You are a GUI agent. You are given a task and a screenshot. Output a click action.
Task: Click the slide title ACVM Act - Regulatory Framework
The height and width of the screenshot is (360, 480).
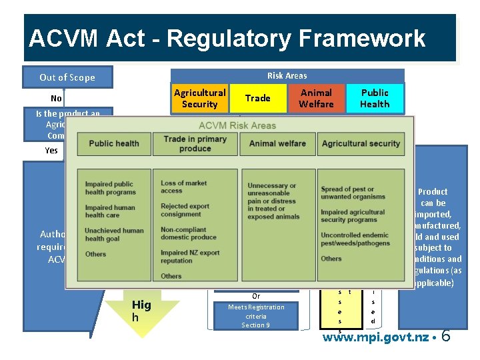pyautogui.click(x=227, y=39)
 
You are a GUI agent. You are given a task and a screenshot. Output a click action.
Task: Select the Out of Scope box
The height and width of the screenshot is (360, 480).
pyautogui.click(x=67, y=77)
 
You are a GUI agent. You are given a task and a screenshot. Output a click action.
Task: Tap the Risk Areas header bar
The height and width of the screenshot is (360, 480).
pyautogui.click(x=287, y=75)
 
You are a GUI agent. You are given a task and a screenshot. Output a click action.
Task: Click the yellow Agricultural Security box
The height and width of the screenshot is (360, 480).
pyautogui.click(x=199, y=98)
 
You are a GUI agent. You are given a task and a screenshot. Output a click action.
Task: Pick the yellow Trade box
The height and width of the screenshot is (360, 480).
pyautogui.click(x=257, y=98)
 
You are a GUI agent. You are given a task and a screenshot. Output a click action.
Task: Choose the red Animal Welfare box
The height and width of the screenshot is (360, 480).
pyautogui.click(x=316, y=98)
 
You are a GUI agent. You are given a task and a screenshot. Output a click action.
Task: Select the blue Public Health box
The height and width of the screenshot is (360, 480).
pyautogui.click(x=375, y=98)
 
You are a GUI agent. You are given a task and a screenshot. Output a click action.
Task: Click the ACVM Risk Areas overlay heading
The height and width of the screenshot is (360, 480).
pyautogui.click(x=237, y=126)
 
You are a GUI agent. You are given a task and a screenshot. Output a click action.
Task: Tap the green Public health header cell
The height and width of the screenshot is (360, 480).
pyautogui.click(x=114, y=143)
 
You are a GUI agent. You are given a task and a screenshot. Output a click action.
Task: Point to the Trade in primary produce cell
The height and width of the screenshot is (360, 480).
pyautogui.click(x=195, y=143)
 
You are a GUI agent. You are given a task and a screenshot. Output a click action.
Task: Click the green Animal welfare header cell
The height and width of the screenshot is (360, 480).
pyautogui.click(x=277, y=143)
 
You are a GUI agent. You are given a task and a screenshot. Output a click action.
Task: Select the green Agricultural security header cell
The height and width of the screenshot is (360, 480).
pyautogui.click(x=360, y=143)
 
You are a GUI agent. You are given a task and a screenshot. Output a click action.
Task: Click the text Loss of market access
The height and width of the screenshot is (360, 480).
pyautogui.click(x=183, y=187)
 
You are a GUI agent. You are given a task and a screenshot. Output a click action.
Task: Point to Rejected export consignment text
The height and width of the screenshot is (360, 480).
pyautogui.click(x=181, y=210)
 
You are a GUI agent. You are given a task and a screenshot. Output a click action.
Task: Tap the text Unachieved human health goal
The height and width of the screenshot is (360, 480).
pyautogui.click(x=114, y=235)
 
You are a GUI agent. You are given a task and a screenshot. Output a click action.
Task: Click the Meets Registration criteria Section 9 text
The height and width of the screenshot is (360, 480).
pyautogui.click(x=256, y=316)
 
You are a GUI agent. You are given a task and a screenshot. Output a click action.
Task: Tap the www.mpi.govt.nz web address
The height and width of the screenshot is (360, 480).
pyautogui.click(x=375, y=337)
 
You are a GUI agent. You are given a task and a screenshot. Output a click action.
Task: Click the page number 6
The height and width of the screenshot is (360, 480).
pyautogui.click(x=445, y=336)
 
